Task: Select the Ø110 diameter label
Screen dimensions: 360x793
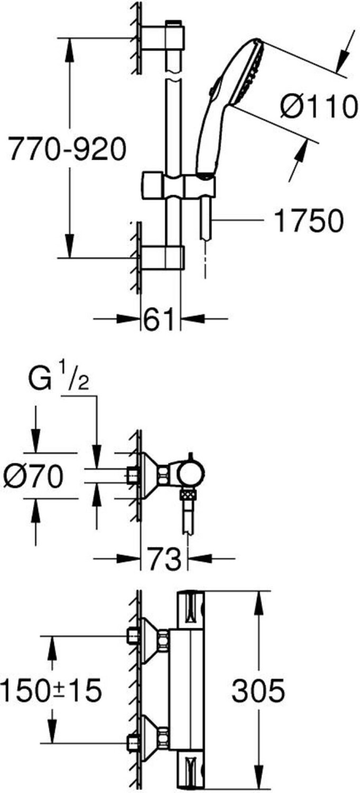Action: point(318,107)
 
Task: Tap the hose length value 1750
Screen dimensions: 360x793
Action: point(309,221)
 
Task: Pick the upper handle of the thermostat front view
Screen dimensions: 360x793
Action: point(192,607)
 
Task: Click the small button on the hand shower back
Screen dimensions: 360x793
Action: point(213,91)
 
